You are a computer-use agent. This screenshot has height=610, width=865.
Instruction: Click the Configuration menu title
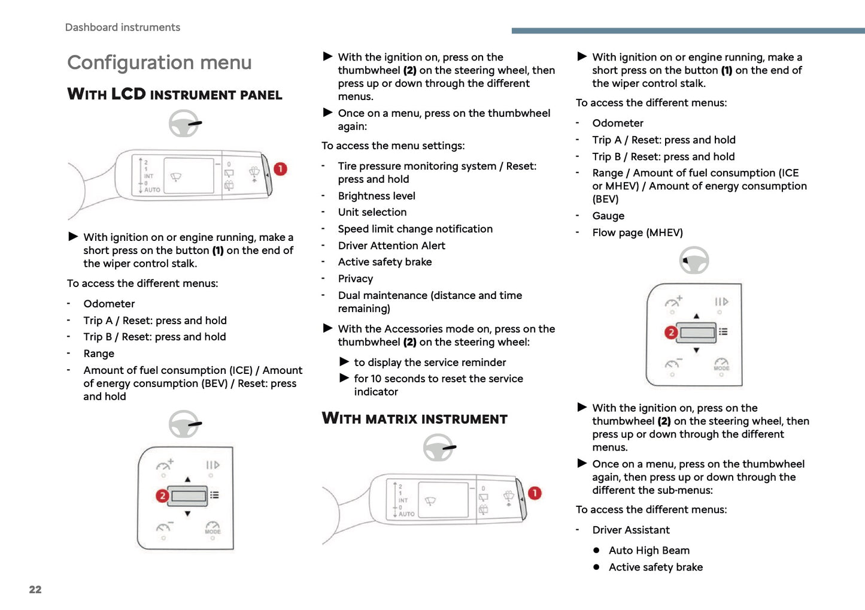tap(159, 63)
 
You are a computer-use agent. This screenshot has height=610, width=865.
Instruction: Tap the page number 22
tap(35, 590)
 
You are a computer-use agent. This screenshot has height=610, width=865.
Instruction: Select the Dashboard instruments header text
tap(122, 28)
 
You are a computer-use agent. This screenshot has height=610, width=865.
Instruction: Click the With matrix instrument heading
tap(414, 419)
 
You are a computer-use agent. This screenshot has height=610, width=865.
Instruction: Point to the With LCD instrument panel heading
tap(174, 95)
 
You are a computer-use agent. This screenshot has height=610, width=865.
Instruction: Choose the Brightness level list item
tap(376, 196)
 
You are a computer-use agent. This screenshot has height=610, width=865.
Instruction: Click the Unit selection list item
tap(372, 212)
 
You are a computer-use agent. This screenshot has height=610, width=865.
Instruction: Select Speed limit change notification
tap(415, 229)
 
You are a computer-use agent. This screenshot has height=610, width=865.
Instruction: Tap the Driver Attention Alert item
tap(391, 246)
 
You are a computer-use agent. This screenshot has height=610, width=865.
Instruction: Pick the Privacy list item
tap(355, 279)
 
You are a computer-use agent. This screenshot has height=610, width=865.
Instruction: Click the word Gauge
tap(608, 216)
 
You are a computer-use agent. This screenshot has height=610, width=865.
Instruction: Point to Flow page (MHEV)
tap(637, 232)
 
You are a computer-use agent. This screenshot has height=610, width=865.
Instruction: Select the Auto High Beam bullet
tap(649, 550)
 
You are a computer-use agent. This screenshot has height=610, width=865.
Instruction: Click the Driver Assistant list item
tap(630, 530)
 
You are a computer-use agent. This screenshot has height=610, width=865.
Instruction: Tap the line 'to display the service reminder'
tap(429, 363)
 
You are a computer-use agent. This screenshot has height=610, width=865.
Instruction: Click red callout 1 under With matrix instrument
tap(534, 493)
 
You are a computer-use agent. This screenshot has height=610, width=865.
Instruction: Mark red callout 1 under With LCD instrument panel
tap(280, 169)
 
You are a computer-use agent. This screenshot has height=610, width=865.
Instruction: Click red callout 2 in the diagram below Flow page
tap(671, 332)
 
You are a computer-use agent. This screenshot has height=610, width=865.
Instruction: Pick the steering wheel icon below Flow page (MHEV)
tap(694, 261)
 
